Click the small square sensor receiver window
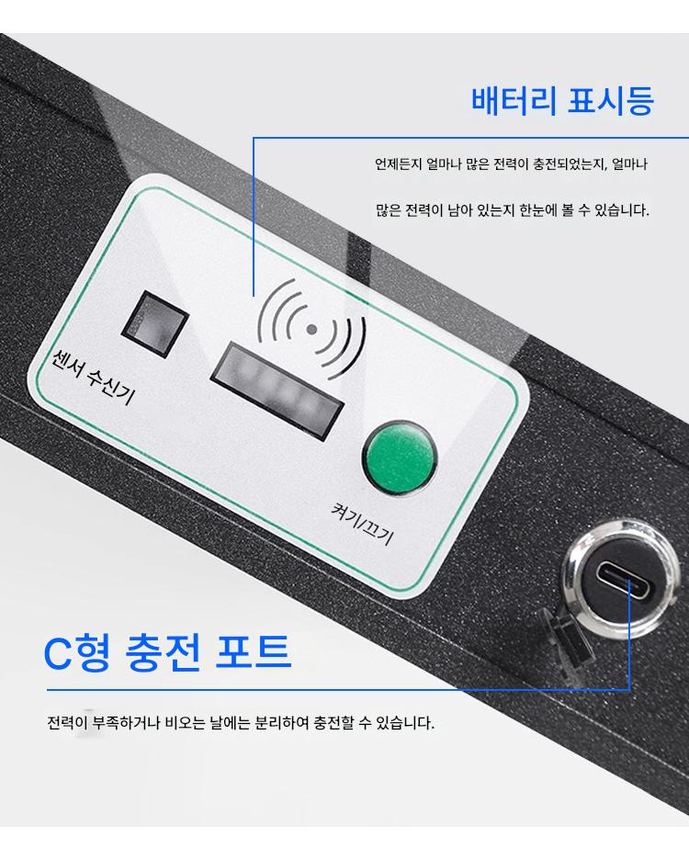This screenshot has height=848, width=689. pos(154,323)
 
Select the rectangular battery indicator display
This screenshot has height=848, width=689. pos(277,390)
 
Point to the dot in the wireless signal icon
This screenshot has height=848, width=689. pos(311,329)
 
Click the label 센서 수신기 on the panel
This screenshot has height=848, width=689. pos(93,377)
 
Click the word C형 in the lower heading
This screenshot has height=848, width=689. pos(77,652)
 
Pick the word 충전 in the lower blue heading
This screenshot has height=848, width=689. pos(163,652)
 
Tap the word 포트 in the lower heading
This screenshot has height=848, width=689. pos(254,652)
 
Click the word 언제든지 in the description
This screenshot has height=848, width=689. pos(398,164)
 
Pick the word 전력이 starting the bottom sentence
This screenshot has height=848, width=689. pos(67,722)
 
